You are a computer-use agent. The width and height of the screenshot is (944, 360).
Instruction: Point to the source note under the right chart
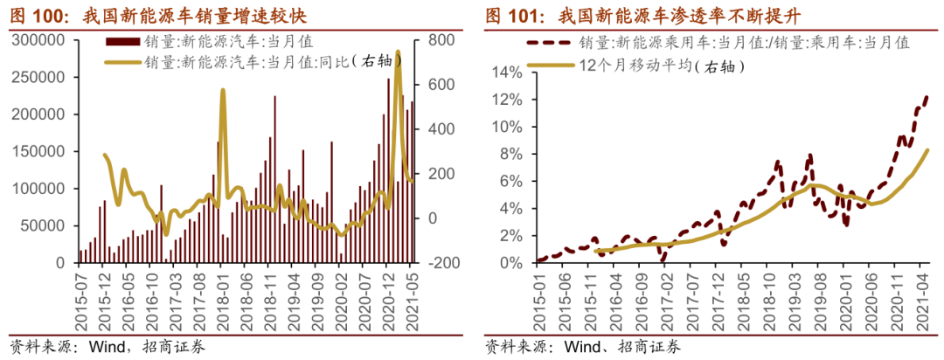tap(582, 346)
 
